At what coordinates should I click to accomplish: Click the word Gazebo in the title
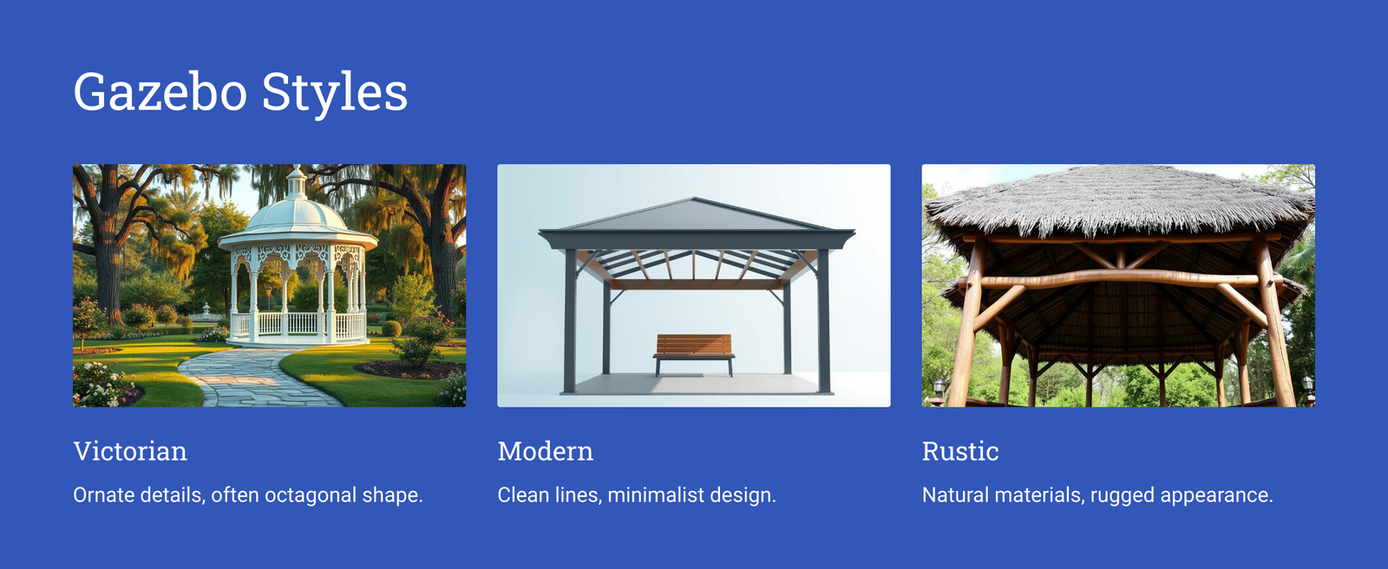pyautogui.click(x=160, y=92)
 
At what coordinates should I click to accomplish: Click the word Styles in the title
pyautogui.click(x=335, y=93)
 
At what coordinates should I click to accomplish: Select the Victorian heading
pyautogui.click(x=130, y=451)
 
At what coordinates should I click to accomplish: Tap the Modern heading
pyautogui.click(x=546, y=451)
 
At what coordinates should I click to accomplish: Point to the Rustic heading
pyautogui.click(x=960, y=451)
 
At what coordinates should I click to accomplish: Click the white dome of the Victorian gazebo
pyautogui.click(x=296, y=215)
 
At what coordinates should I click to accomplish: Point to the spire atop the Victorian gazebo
pyautogui.click(x=297, y=180)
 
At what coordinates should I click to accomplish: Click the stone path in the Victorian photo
pyautogui.click(x=254, y=378)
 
